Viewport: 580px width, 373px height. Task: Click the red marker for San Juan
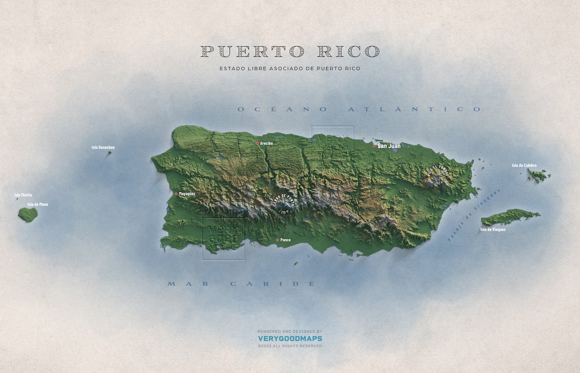(x=374, y=145)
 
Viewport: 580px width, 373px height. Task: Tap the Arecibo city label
(x=266, y=144)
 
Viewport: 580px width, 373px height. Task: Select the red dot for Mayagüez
(x=176, y=194)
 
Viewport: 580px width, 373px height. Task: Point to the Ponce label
(x=286, y=240)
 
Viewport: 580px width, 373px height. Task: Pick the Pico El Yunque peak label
(x=438, y=174)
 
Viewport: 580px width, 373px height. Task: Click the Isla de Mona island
(x=28, y=214)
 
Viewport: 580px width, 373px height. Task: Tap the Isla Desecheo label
(x=103, y=147)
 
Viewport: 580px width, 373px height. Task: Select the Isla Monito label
(x=23, y=195)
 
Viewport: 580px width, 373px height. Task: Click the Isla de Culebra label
(x=524, y=165)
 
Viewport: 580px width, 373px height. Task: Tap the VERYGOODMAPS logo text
(x=290, y=339)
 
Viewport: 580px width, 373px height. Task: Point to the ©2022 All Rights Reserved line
(x=290, y=346)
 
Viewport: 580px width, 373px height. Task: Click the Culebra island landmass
(x=538, y=175)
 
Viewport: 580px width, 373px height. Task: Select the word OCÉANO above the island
(x=276, y=110)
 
